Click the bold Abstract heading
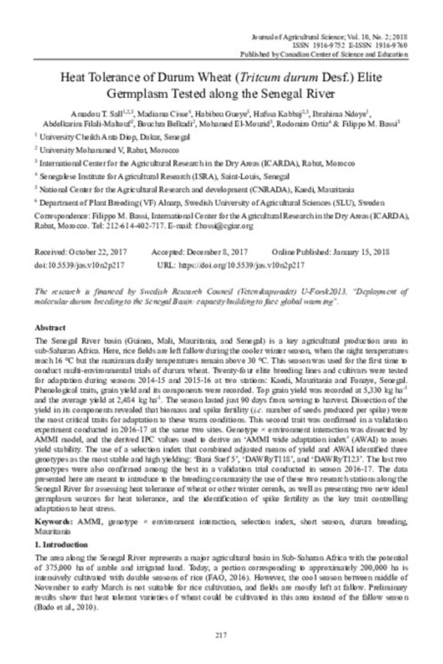click(x=52, y=325)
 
